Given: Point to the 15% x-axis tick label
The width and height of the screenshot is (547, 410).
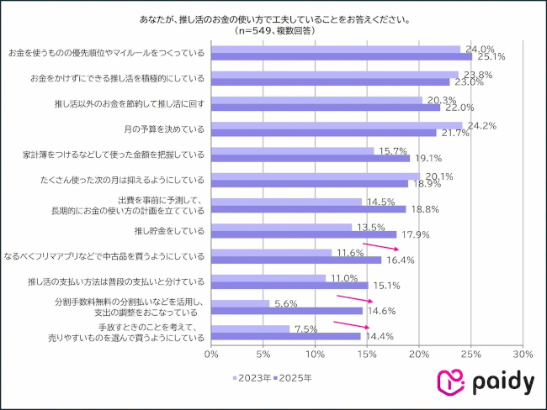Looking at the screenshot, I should (367, 355).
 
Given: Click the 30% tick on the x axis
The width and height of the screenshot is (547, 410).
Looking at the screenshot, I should (523, 355).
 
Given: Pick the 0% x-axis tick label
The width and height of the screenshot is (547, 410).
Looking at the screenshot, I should (211, 355).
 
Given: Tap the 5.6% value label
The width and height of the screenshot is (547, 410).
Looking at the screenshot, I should (286, 303).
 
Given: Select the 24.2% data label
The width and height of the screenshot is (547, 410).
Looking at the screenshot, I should (479, 125).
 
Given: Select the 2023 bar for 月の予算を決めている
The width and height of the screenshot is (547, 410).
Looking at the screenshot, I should (337, 125).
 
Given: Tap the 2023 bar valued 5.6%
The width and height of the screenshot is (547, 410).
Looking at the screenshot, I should (240, 303).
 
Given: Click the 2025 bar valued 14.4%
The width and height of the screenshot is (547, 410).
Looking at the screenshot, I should (286, 336).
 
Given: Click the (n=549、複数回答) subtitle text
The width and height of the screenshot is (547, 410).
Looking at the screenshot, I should (272, 31).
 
